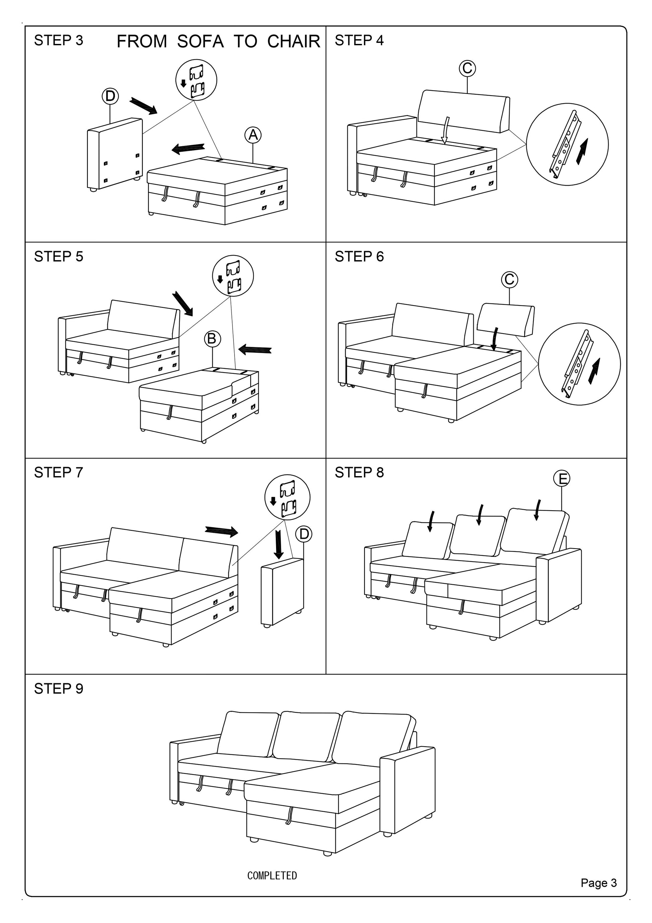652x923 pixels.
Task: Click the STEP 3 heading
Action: tap(59, 41)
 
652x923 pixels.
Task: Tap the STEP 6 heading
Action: tap(359, 256)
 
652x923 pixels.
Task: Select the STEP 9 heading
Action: tap(59, 689)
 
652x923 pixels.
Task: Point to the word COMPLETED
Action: tap(272, 875)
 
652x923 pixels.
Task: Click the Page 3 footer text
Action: tap(598, 882)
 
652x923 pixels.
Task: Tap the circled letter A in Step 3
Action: tap(253, 135)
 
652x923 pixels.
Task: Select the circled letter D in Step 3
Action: tap(110, 97)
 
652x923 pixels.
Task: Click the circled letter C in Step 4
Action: tap(467, 68)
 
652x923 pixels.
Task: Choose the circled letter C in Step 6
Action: tap(509, 279)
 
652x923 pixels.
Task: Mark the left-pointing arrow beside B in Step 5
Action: tap(255, 349)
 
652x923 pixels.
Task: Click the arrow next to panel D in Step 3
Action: tap(143, 106)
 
